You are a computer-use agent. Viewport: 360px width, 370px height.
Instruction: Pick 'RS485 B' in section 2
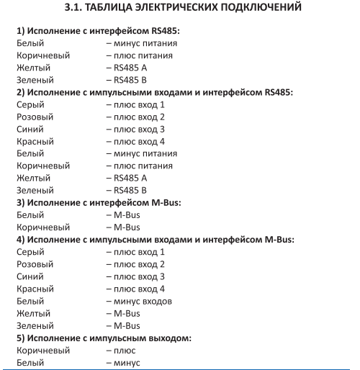(130, 190)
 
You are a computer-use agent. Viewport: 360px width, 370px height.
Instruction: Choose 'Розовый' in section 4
(35, 264)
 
